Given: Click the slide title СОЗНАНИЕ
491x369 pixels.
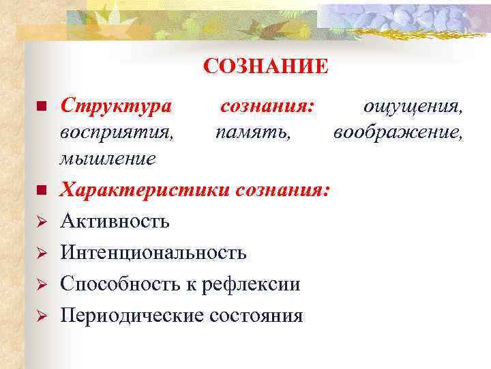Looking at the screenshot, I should (265, 67).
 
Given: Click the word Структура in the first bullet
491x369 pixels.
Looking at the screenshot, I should (115, 106).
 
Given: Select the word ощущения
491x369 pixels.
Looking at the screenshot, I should (413, 106).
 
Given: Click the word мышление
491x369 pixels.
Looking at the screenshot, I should (108, 159).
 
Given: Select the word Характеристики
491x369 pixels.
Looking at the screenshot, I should (145, 189).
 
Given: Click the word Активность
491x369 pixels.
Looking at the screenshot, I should (115, 221).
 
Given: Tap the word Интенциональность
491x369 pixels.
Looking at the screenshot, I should (153, 253).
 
